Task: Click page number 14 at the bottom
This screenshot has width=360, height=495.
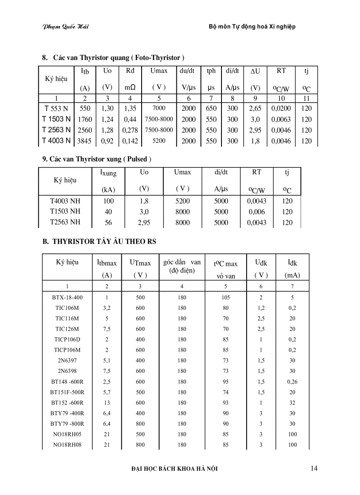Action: point(314,468)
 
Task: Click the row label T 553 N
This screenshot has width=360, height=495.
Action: point(56,108)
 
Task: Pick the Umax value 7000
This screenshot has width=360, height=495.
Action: point(158,108)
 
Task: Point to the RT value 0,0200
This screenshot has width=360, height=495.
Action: point(281,108)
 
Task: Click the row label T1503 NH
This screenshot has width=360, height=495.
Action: point(65,212)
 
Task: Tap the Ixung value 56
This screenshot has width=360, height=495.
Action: point(108,223)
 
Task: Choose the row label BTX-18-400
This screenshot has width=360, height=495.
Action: point(67,298)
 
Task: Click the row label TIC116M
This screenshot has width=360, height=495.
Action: point(67,318)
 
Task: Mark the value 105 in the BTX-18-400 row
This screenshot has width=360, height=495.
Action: point(226,298)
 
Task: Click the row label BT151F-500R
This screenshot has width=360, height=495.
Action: point(67,392)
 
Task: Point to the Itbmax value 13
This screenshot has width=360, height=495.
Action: point(106,403)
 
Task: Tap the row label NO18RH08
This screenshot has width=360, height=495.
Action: point(67,445)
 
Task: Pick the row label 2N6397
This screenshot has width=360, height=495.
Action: point(67,361)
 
